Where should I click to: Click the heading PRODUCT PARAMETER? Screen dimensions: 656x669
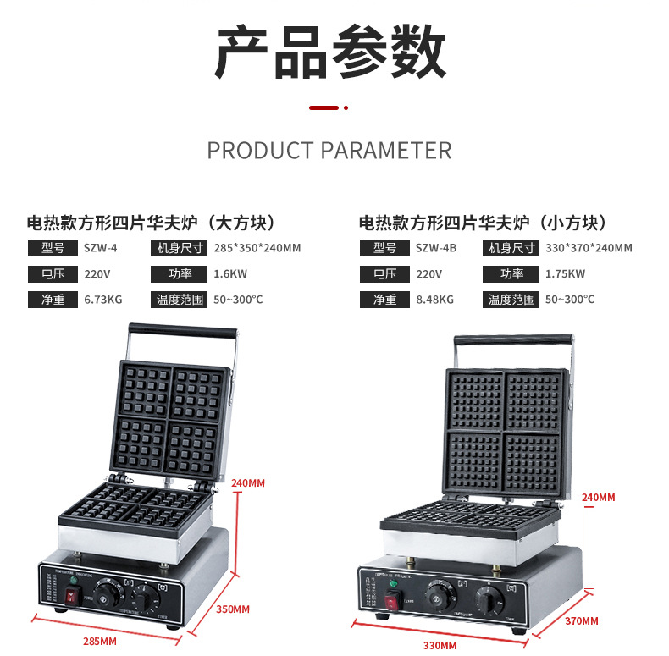[329, 151]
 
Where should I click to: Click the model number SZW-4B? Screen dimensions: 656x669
[435, 248]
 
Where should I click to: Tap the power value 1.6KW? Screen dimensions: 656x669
[229, 274]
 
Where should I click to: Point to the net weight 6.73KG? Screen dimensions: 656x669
[102, 300]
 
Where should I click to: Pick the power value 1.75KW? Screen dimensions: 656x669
[565, 274]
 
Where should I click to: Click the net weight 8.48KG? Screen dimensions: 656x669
[434, 300]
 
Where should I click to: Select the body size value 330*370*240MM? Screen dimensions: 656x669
[589, 248]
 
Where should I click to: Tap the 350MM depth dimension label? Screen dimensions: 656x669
[233, 609]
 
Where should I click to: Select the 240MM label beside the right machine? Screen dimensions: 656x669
[598, 497]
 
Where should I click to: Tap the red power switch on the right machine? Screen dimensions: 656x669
[392, 603]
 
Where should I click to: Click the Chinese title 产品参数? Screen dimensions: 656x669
[329, 52]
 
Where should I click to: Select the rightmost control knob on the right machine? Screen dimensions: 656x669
[489, 596]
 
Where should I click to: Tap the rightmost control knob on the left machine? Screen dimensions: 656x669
[147, 598]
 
